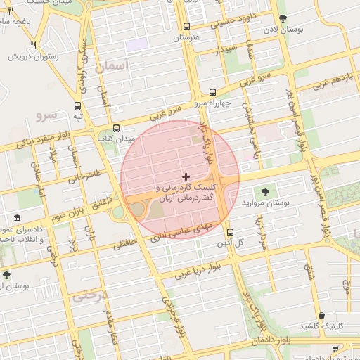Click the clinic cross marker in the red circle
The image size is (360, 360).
coord(186,176)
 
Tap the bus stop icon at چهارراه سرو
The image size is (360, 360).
coord(212,92)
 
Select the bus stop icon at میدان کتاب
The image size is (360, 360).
coord(116,129)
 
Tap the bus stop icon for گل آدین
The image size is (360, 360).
coord(230,232)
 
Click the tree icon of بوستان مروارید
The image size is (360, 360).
coord(265,191)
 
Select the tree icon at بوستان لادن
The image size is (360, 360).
coord(283,19)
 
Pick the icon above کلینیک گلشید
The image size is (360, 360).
coord(321,315)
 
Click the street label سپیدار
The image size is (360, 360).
coord(227,52)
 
